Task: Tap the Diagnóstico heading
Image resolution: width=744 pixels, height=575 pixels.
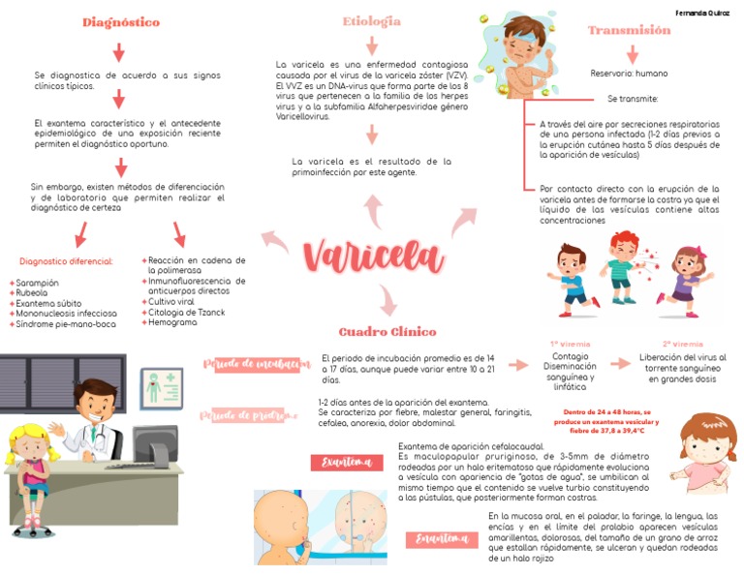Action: [x=120, y=22]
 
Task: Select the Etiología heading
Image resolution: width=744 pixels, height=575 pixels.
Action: [x=371, y=21]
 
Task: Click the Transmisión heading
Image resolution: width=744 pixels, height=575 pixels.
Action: [x=629, y=30]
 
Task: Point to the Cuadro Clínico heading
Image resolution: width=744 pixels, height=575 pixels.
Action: [x=387, y=331]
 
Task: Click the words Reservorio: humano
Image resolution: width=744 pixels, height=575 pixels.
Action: [x=629, y=73]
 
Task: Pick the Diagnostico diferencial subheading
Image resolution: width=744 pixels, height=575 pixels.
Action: [x=66, y=260]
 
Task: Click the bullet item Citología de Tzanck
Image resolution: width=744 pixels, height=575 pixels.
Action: [x=186, y=312]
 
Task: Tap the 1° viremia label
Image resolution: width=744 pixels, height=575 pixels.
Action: [x=570, y=344]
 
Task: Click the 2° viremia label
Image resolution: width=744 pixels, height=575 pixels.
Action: [x=682, y=344]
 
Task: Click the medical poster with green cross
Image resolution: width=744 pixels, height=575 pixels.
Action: [x=161, y=386]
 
